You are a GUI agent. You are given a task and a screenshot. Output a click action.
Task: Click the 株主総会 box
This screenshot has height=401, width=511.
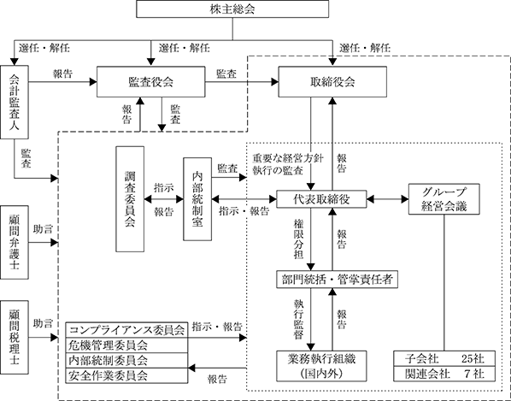coord(232,9)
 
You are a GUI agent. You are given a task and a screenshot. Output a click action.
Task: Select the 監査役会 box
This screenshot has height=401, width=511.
coord(151,82)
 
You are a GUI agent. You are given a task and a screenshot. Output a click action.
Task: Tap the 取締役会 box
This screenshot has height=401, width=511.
coord(332,82)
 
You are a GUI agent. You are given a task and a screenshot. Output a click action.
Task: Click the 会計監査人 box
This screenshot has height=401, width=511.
coord(15,102)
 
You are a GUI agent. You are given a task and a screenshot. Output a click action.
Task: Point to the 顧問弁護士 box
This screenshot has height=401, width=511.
coord(15,242)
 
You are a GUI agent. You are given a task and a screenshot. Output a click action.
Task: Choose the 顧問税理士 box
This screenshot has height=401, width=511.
coord(15,337)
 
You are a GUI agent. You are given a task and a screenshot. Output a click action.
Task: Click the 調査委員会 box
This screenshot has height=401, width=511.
coord(130,199)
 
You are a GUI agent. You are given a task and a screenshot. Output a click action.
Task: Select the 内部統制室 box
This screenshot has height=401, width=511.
coord(197,199)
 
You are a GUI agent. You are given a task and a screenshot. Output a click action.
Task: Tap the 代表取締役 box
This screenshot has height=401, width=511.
coord(321,199)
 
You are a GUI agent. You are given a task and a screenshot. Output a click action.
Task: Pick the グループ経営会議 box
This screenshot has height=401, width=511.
coord(444,199)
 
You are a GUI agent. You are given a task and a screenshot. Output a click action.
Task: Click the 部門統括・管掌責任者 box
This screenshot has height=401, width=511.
coord(337,280)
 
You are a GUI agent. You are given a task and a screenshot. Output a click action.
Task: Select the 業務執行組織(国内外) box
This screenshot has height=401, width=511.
coord(321,366)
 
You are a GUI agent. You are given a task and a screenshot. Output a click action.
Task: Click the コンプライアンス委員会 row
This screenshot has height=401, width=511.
coord(126,330)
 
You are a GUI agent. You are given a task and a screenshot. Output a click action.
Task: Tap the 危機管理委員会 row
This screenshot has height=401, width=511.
coord(126,345)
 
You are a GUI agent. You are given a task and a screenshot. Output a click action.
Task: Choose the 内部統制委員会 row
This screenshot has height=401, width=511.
coord(126,360)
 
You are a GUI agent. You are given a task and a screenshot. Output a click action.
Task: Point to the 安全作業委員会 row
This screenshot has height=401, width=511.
coord(126,375)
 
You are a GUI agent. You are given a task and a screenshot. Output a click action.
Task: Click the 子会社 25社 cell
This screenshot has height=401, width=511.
coord(444,358)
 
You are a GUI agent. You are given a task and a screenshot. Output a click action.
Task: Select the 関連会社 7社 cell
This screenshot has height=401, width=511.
coord(444,374)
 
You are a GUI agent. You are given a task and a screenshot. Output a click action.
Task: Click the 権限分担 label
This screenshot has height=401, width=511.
coord(298,239)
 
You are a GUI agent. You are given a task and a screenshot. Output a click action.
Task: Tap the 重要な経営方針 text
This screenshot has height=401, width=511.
coord(288,158)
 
